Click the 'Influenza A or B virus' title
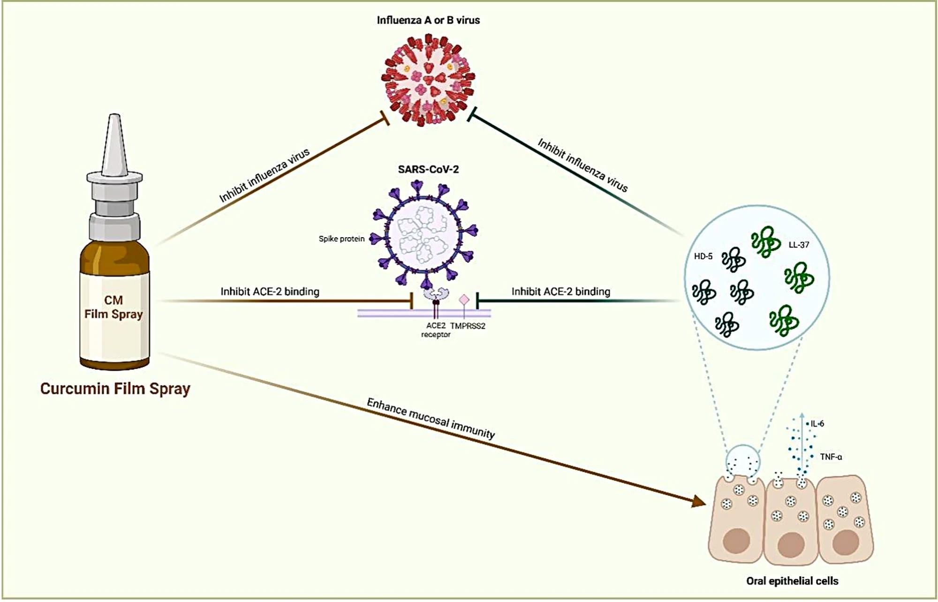[428, 20]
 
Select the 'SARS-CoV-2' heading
[428, 169]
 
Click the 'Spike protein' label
[341, 239]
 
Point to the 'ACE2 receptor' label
[436, 330]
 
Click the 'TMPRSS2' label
[468, 326]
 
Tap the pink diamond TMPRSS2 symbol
[464, 299]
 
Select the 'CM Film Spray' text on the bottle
[113, 307]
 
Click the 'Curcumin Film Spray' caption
[115, 389]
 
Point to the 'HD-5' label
[703, 256]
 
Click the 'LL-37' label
[799, 245]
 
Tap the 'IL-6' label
[817, 424]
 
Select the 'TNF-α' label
[831, 457]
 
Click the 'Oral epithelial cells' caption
[792, 581]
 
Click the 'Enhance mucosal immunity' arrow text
[431, 418]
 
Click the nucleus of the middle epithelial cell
[791, 544]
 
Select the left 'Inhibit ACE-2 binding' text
[270, 292]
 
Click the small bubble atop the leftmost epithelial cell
[742, 460]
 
